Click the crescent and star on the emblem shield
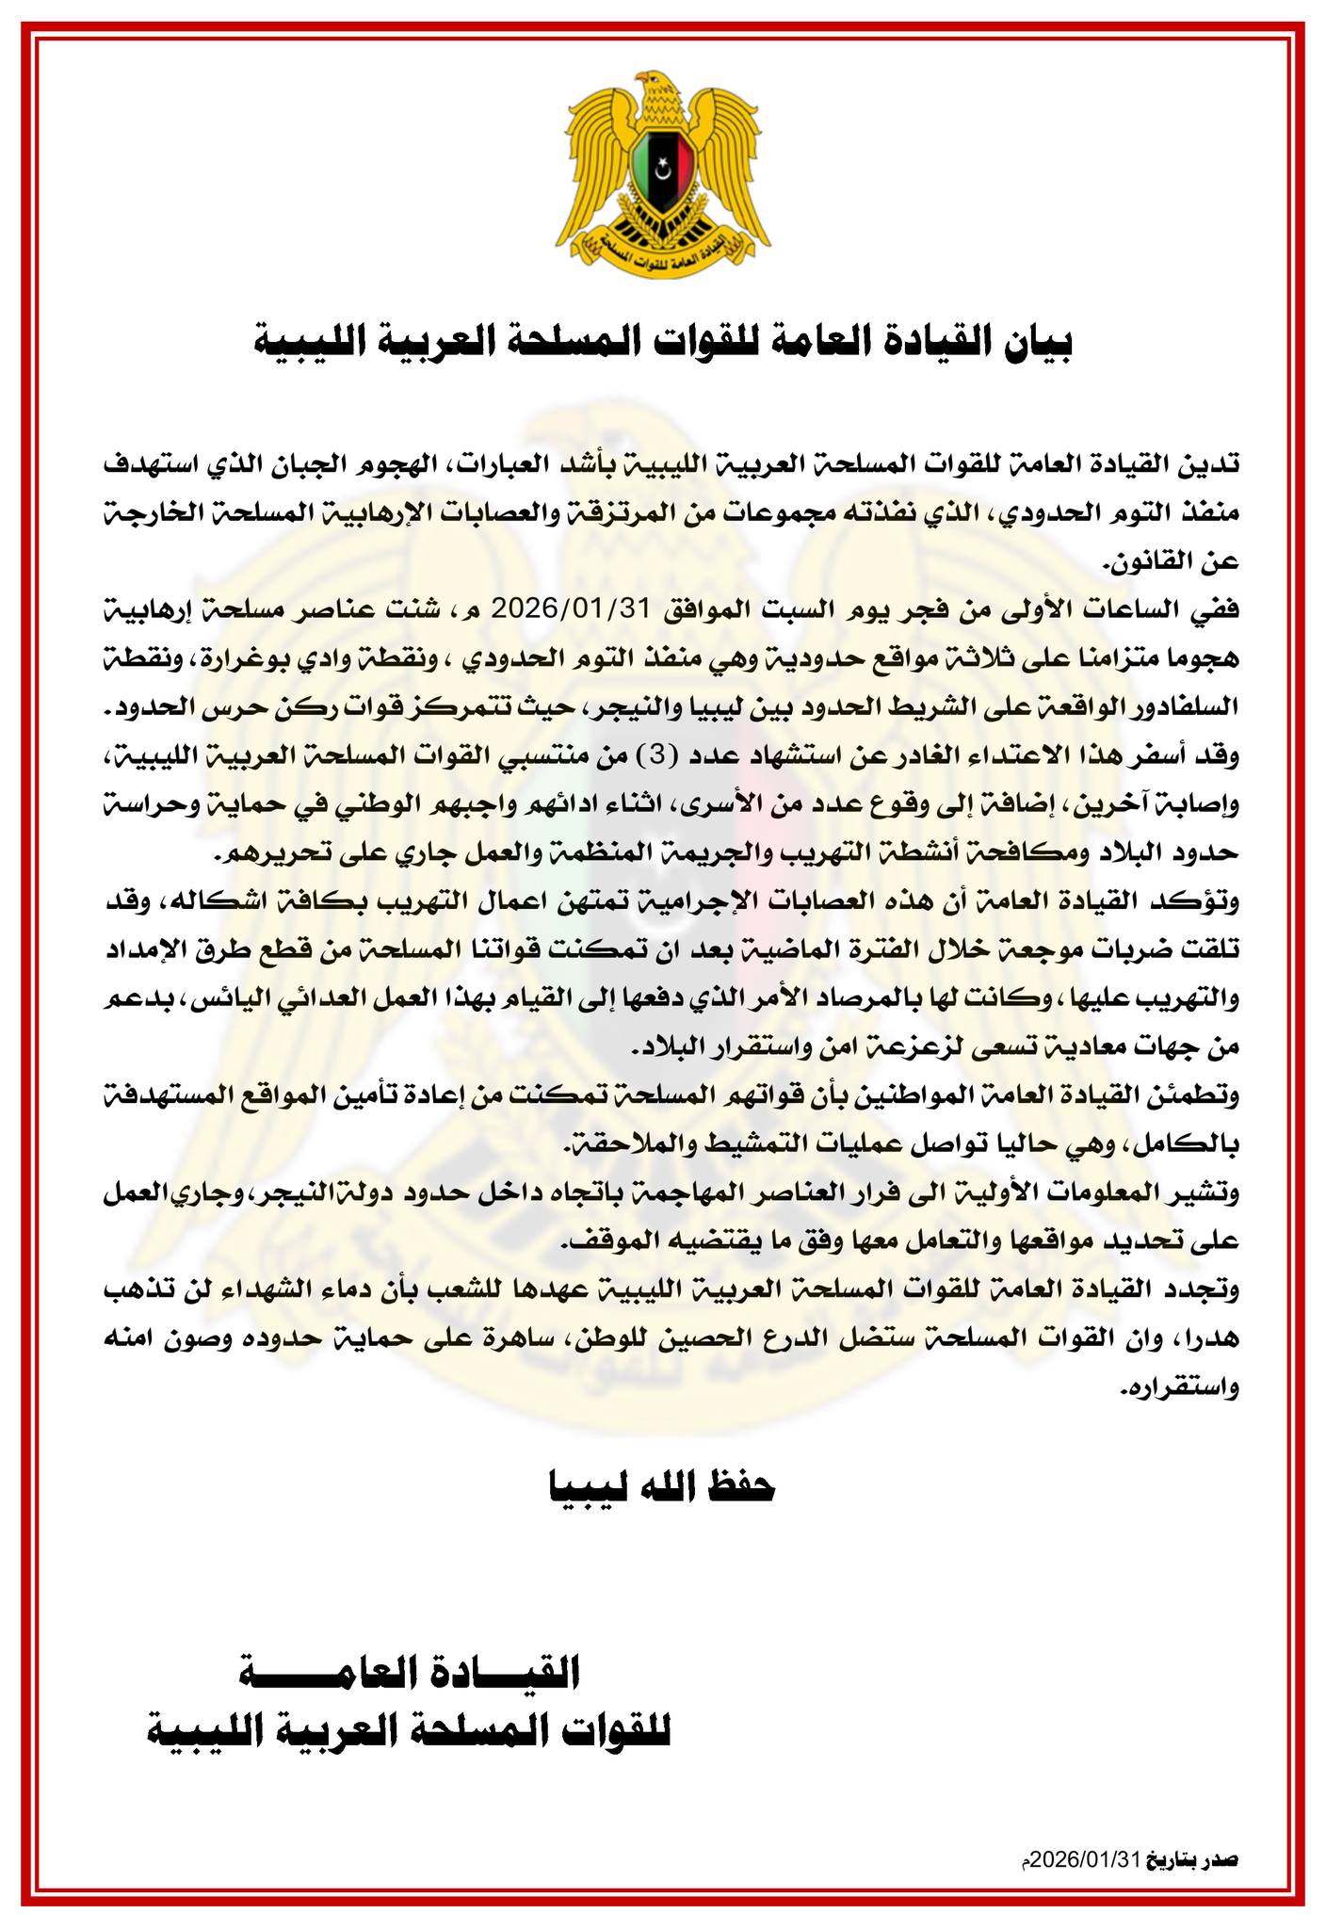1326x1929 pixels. (x=666, y=170)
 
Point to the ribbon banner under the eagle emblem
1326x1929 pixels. (x=663, y=247)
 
